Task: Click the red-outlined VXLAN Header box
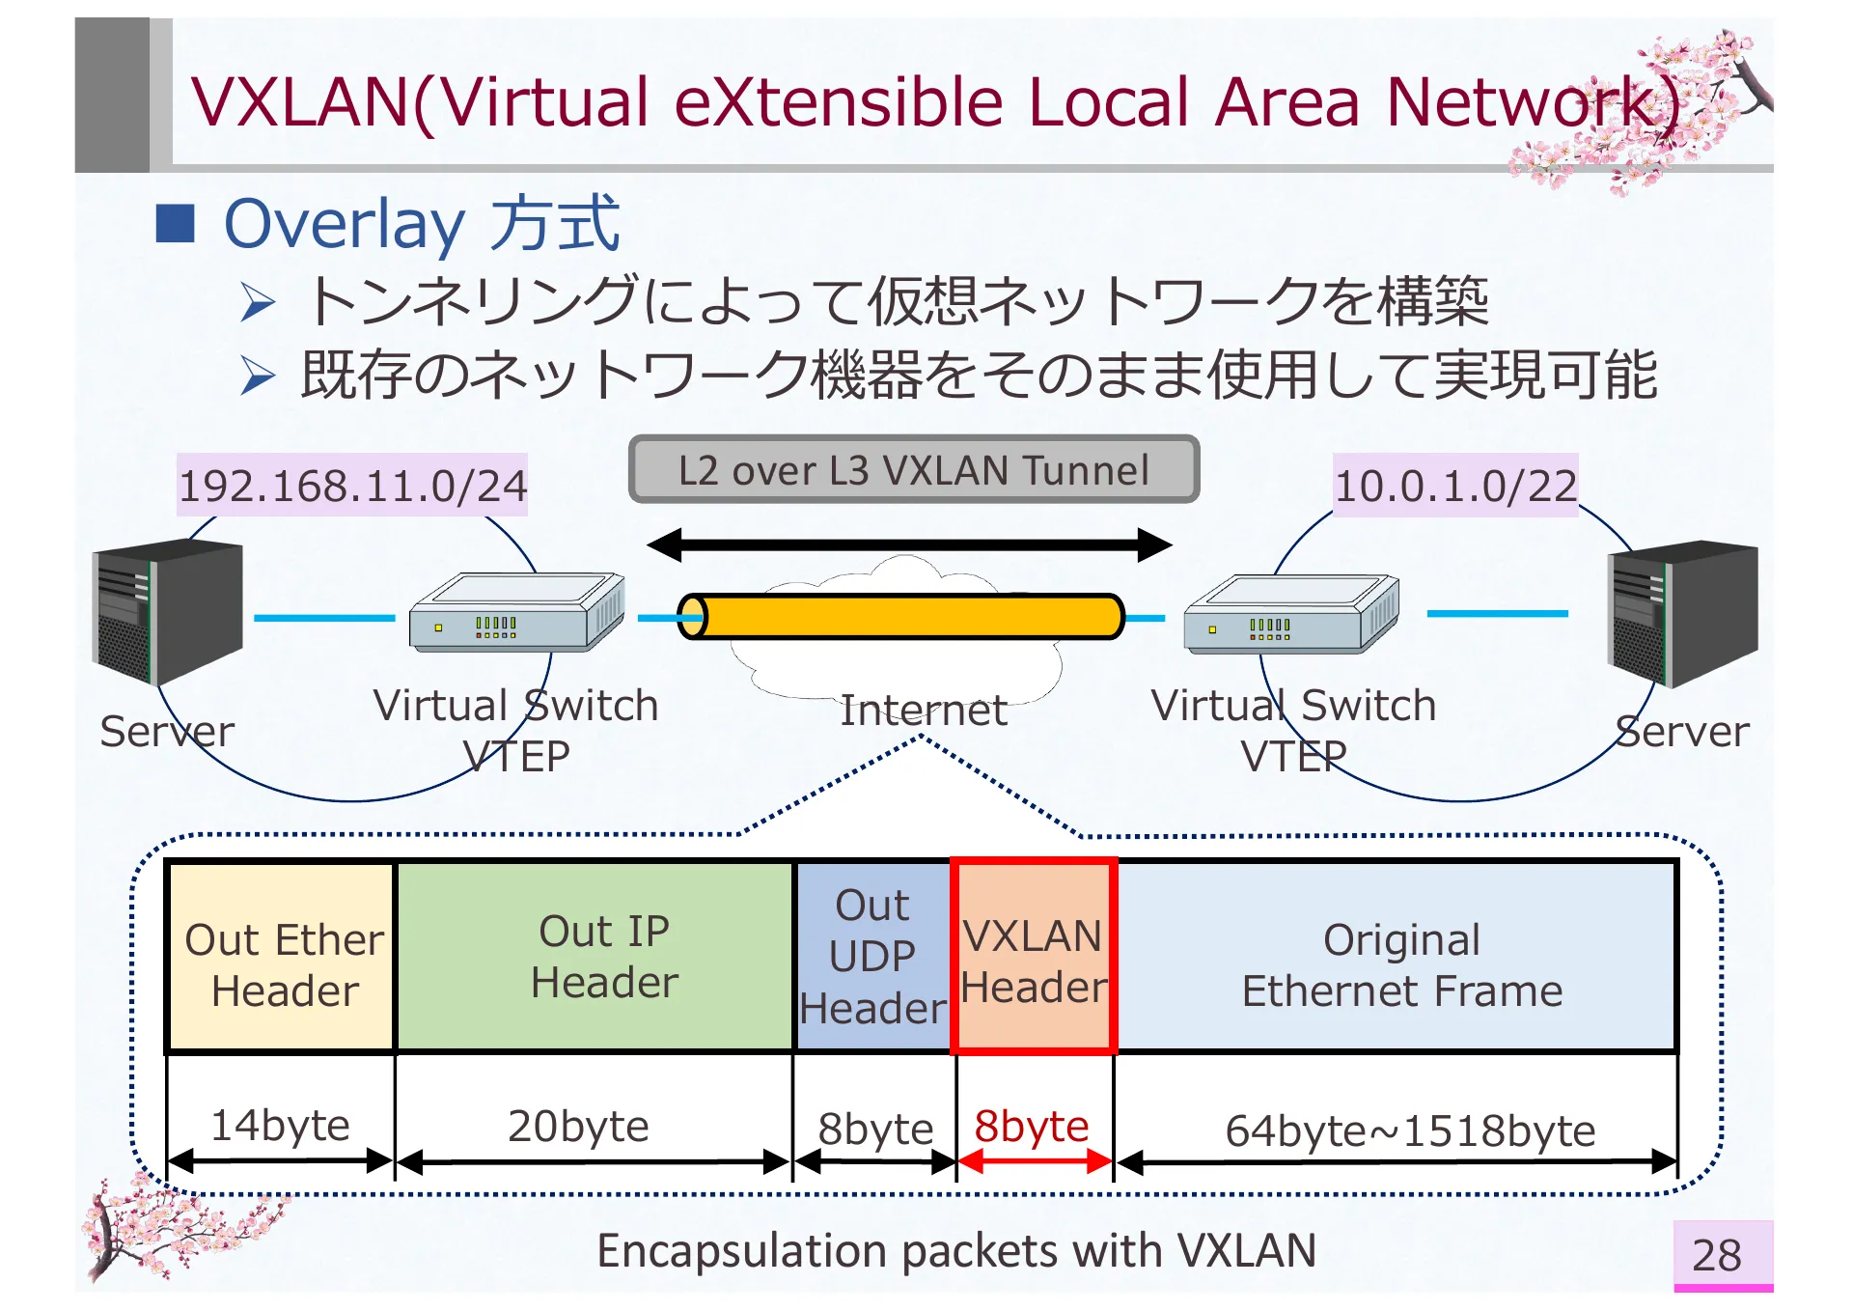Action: tap(1033, 956)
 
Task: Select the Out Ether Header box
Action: tap(282, 956)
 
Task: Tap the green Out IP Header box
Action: tap(595, 956)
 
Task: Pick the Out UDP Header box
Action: tap(872, 956)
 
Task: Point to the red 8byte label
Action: tap(1031, 1126)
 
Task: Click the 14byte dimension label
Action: tap(280, 1126)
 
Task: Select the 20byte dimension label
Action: tap(578, 1126)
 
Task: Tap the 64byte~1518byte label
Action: tap(1409, 1130)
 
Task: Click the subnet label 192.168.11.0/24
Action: tap(352, 486)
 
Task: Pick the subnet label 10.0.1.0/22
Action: tap(1454, 486)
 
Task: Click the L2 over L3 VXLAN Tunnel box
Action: tap(913, 470)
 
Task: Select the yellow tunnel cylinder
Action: tap(901, 617)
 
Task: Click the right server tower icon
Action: tap(1682, 614)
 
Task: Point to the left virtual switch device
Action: tap(516, 613)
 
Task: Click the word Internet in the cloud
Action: tap(923, 711)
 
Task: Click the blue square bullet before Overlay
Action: tap(176, 223)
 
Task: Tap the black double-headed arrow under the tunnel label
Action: tap(909, 544)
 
